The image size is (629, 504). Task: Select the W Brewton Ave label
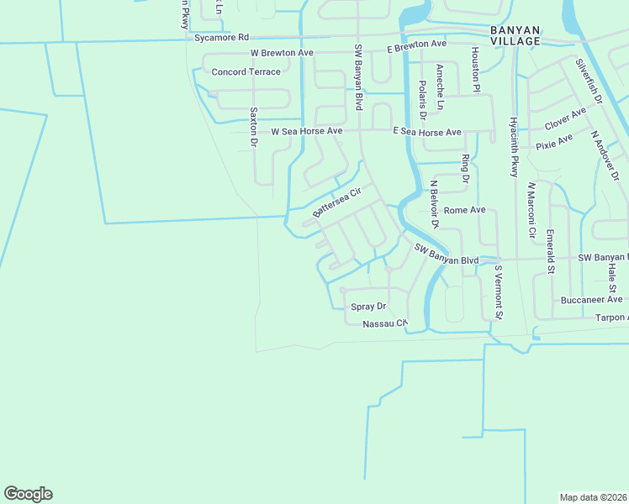pos(282,52)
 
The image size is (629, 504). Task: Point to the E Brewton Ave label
pos(416,45)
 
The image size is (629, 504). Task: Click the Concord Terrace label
pos(246,72)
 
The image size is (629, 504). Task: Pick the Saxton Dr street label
pos(252,127)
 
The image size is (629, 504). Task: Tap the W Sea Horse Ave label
pos(307,132)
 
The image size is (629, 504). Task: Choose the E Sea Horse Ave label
pos(428,132)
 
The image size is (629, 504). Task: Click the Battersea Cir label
pos(336,202)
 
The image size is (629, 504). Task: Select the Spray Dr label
pos(368,307)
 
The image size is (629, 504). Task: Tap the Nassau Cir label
pos(385,323)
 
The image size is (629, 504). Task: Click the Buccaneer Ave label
pos(592,299)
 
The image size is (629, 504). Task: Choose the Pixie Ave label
pos(554,141)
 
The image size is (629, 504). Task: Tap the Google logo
pos(28,494)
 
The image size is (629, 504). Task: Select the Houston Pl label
pos(475,70)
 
